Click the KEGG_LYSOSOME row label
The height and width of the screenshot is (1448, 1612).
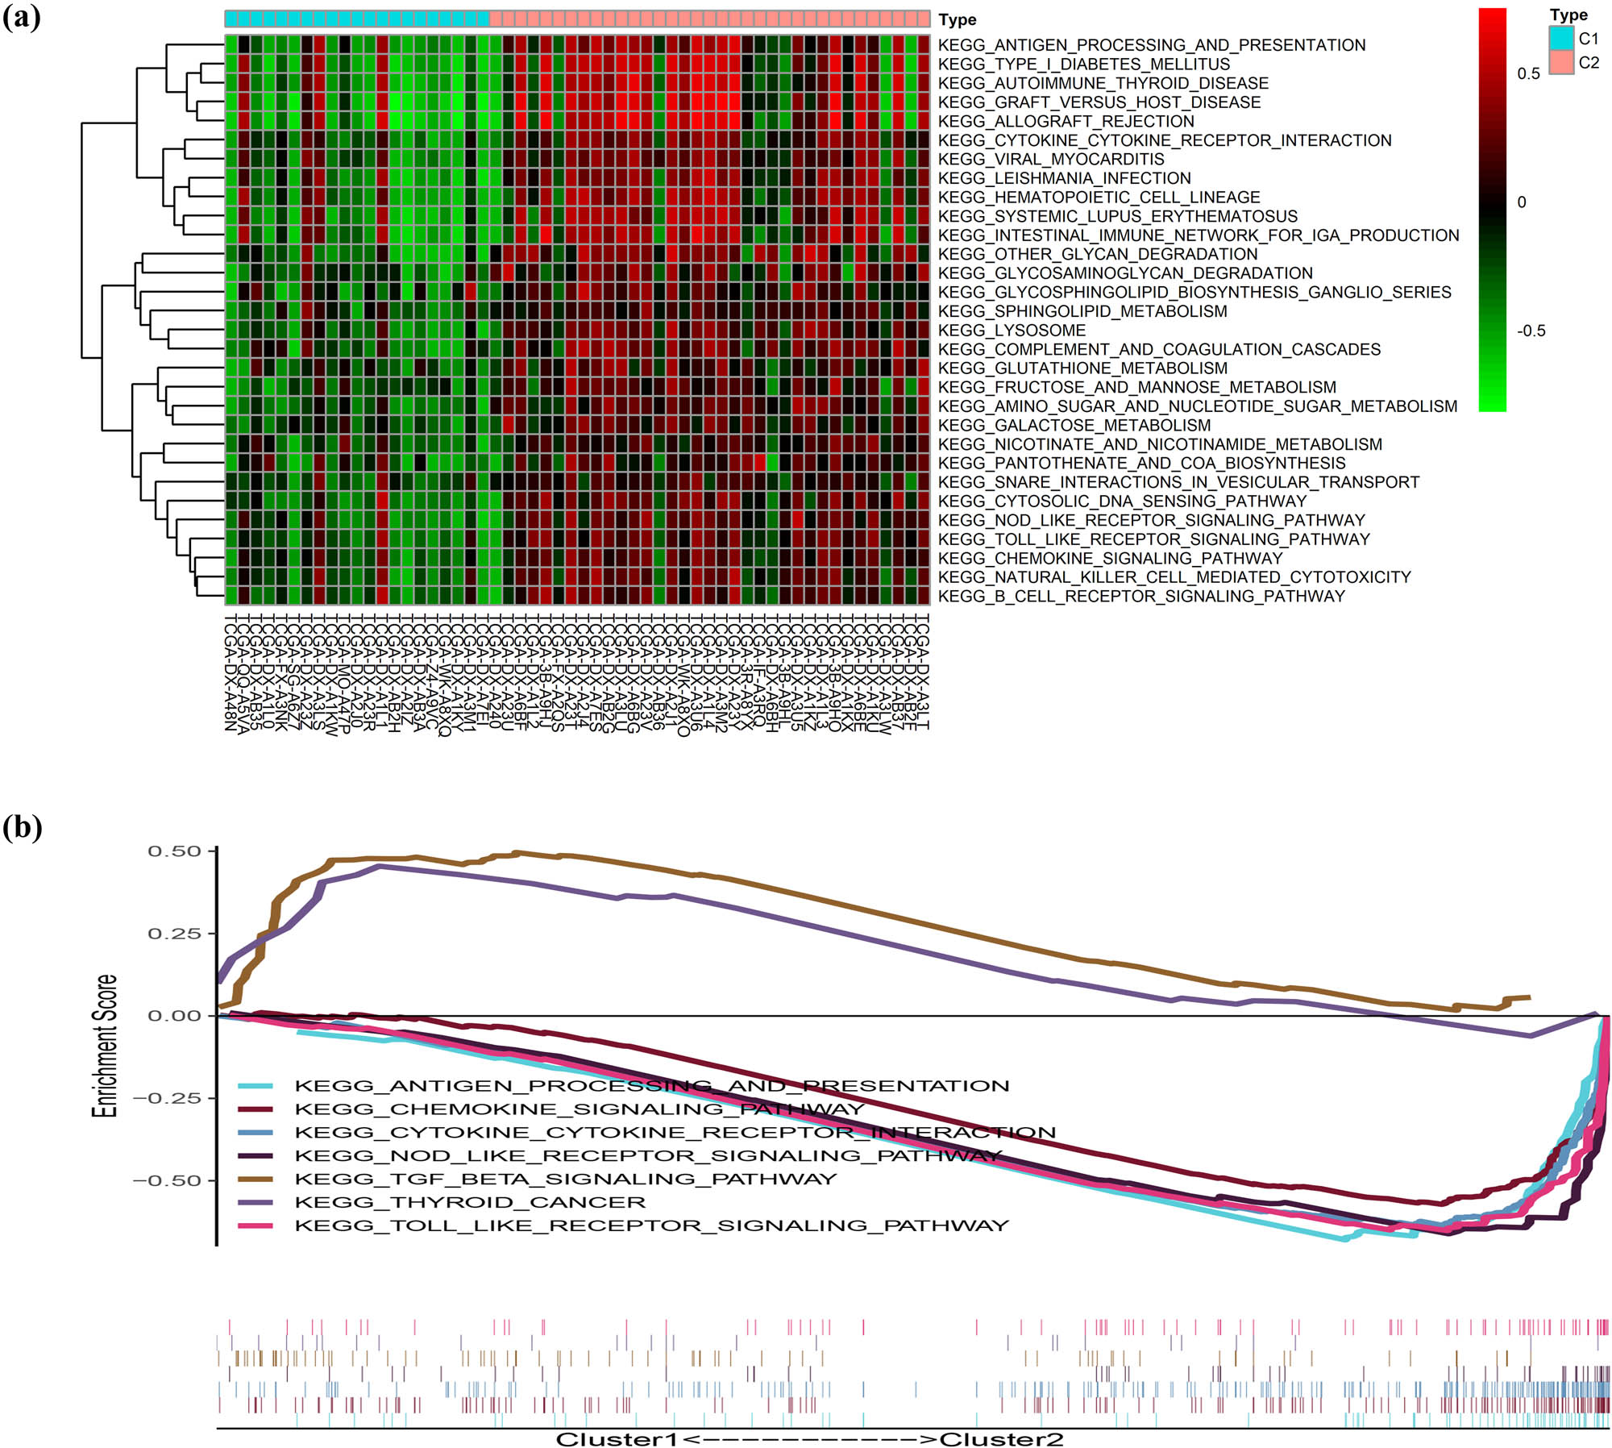tap(1012, 331)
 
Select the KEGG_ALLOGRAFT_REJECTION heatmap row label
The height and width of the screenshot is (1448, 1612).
tap(1066, 122)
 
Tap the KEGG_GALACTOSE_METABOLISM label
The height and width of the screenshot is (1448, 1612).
tap(1074, 426)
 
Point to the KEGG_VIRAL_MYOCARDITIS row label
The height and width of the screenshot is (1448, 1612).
tap(1051, 160)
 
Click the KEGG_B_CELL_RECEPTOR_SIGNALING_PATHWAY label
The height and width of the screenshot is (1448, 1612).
tap(1141, 597)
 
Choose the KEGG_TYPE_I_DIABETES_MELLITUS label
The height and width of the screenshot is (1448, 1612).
tap(1083, 64)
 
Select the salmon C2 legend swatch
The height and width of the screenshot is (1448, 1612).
tap(1561, 62)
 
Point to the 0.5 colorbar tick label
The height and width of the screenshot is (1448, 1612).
tap(1528, 74)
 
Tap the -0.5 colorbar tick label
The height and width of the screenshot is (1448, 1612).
tap(1531, 331)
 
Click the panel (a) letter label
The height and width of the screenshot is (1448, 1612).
tap(22, 18)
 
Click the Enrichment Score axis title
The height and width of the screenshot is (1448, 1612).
tap(106, 1046)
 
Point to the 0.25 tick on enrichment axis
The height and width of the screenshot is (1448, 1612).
tap(174, 934)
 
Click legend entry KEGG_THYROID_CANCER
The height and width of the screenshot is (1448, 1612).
tap(470, 1203)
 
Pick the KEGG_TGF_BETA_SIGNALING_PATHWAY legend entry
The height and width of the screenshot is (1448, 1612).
tap(565, 1180)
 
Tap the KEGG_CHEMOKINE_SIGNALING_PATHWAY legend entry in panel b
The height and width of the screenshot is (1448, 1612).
tap(579, 1109)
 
